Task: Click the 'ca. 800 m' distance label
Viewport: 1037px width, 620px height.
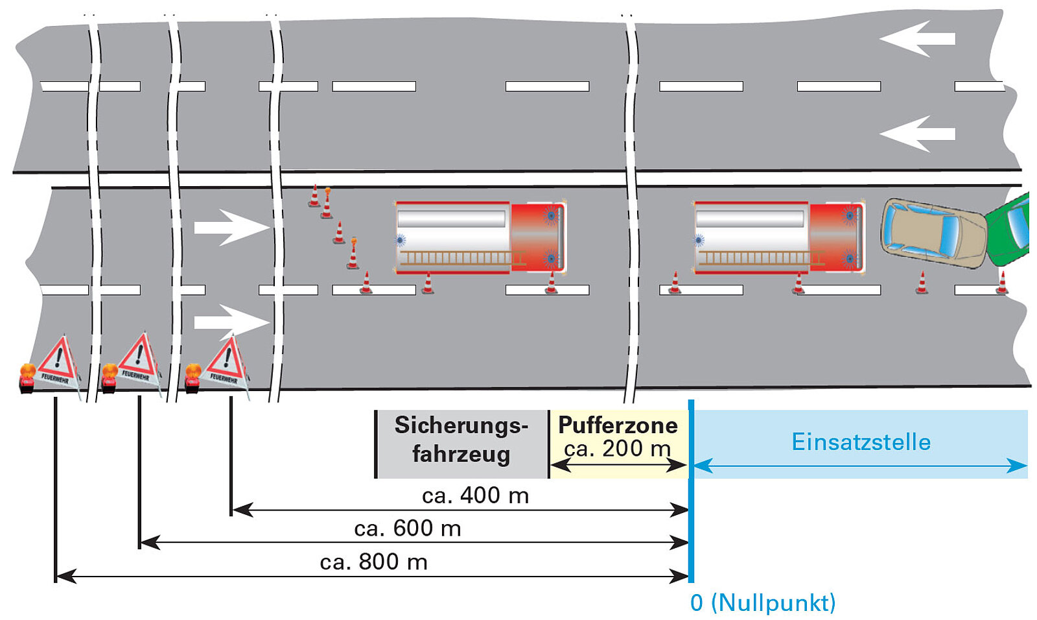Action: click(x=374, y=562)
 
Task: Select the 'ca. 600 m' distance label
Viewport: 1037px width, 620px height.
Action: click(x=408, y=529)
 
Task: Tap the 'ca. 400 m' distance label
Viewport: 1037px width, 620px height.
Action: click(x=475, y=495)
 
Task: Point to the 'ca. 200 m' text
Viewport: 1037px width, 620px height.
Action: click(x=617, y=448)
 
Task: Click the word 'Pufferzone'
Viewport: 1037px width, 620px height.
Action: click(x=618, y=425)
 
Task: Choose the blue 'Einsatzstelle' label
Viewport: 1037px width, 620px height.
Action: click(x=861, y=442)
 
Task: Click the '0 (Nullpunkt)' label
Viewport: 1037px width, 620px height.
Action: click(x=763, y=602)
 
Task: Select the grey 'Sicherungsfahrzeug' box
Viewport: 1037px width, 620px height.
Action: click(x=461, y=444)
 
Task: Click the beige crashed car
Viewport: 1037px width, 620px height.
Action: click(x=933, y=232)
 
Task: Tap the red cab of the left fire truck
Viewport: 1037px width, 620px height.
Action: click(x=537, y=237)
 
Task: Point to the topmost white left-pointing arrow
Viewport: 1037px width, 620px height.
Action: click(x=916, y=38)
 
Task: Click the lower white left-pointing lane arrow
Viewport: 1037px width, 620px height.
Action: click(x=916, y=134)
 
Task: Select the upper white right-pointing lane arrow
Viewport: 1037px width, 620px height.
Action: click(x=231, y=227)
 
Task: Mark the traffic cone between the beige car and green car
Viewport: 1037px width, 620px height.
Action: click(x=1002, y=283)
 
